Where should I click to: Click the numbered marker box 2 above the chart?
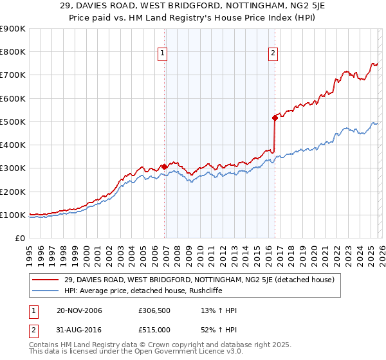click(x=273, y=53)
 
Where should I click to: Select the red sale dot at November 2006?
click(x=165, y=166)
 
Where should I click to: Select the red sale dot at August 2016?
click(x=275, y=118)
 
